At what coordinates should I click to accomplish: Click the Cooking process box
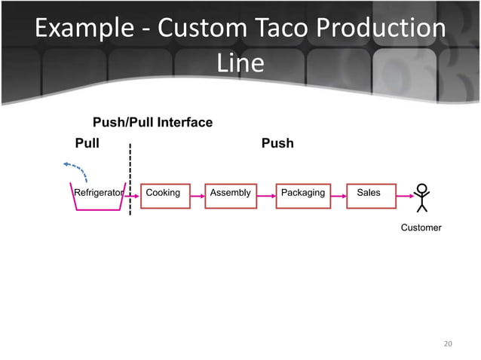click(x=164, y=194)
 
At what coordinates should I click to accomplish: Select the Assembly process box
click(x=231, y=194)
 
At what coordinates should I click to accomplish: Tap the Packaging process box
click(x=303, y=194)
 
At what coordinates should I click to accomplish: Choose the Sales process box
click(x=369, y=194)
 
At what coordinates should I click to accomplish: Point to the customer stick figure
click(x=422, y=197)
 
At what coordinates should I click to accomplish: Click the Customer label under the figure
click(x=421, y=227)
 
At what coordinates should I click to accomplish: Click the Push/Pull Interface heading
click(x=152, y=122)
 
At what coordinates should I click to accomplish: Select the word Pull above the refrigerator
click(x=87, y=143)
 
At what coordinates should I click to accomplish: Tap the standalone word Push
click(x=277, y=143)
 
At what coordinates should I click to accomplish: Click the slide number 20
click(x=448, y=344)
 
